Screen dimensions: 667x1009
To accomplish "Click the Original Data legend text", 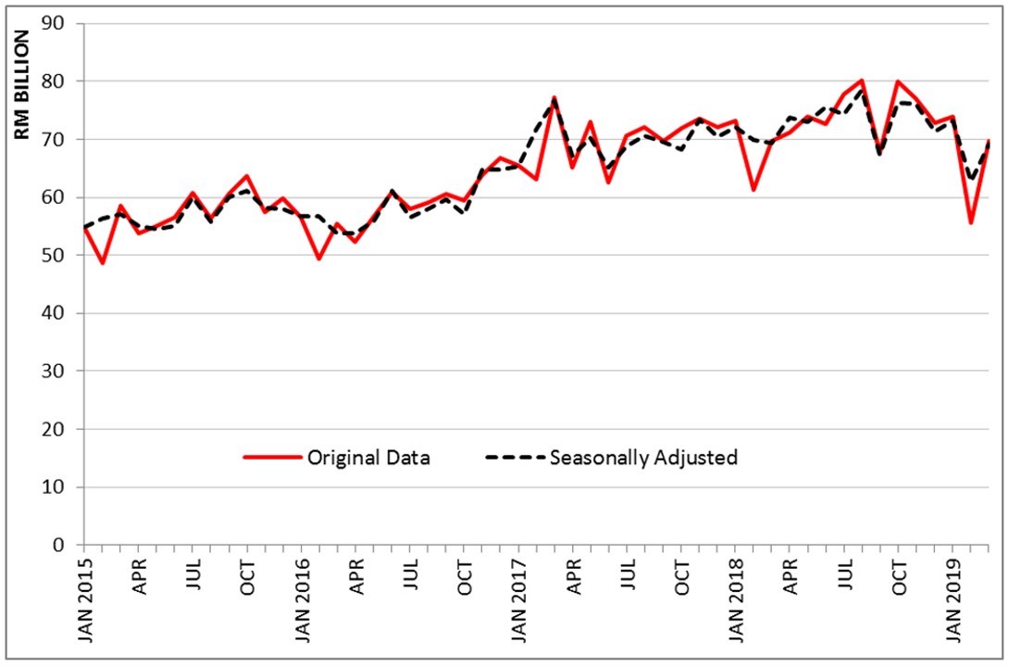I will pos(369,458).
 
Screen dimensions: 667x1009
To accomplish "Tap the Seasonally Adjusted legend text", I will pos(643,458).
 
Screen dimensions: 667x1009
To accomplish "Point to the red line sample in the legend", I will pos(272,458).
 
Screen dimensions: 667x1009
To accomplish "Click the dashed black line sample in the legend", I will pos(514,458).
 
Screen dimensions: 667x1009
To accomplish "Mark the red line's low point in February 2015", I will pos(103,263).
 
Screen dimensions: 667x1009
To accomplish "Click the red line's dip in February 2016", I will pos(319,258).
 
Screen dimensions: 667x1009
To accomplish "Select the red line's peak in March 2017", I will pos(554,97).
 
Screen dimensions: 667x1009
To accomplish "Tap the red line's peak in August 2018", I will pos(862,81).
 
